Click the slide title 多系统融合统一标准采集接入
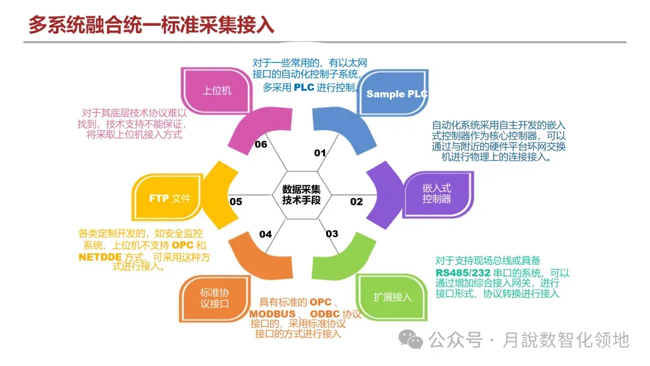coord(151,25)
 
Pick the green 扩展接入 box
coord(392,297)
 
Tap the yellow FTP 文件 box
coord(170,198)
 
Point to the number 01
coord(320,153)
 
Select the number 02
coord(357,202)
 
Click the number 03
coord(332,234)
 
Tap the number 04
coord(265,234)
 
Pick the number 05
coord(236,202)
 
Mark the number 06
coord(261,144)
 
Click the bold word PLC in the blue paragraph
coord(304,88)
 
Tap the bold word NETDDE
coord(100,257)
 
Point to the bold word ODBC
coord(325,314)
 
